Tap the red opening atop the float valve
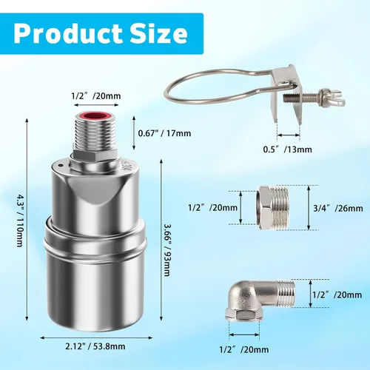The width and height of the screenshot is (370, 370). click(96, 115)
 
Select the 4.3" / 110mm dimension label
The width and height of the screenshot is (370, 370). click(20, 221)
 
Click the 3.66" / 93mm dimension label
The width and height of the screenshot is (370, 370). click(166, 250)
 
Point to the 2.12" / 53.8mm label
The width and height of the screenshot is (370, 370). click(95, 346)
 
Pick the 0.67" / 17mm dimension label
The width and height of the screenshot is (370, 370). click(164, 133)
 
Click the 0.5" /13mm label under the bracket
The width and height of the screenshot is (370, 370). click(288, 149)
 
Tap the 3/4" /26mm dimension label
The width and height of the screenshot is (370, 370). click(338, 209)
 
